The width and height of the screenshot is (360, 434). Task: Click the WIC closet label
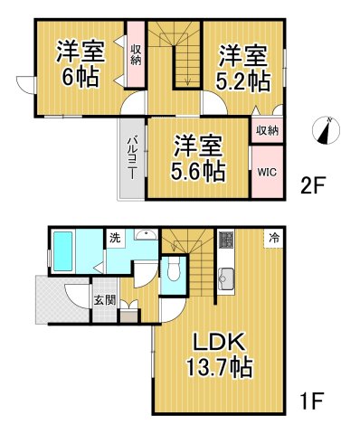point(266,170)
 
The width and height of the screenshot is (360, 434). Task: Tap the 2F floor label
point(313,186)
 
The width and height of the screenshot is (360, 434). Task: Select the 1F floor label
point(313,399)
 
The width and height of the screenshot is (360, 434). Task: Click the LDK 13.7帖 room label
point(221,355)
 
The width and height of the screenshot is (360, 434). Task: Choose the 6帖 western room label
point(78,63)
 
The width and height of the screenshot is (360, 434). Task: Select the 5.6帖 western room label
point(199,157)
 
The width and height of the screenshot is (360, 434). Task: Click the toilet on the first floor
point(173,271)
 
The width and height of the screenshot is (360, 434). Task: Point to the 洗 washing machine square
point(115,239)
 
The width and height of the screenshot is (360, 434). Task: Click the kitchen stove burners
point(226,241)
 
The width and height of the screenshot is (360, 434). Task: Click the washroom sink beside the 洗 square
point(145,237)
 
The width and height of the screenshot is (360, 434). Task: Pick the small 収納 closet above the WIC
point(266,130)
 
